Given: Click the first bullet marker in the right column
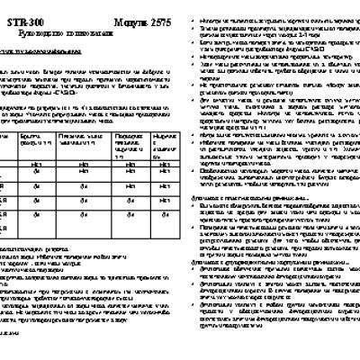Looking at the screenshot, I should tap(187, 11).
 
